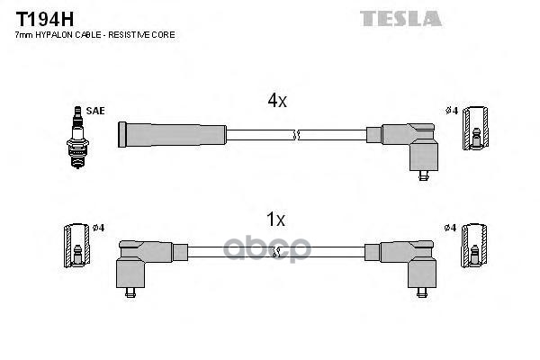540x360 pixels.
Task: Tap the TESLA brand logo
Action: [x=400, y=18]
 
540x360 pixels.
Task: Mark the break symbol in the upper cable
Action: [x=296, y=135]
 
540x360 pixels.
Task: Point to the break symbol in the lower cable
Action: [x=277, y=252]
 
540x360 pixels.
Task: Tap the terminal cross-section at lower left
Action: [x=76, y=246]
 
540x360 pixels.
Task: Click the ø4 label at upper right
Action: [x=452, y=112]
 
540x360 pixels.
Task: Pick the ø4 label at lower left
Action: [x=97, y=227]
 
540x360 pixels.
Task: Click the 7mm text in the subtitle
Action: [x=24, y=34]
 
